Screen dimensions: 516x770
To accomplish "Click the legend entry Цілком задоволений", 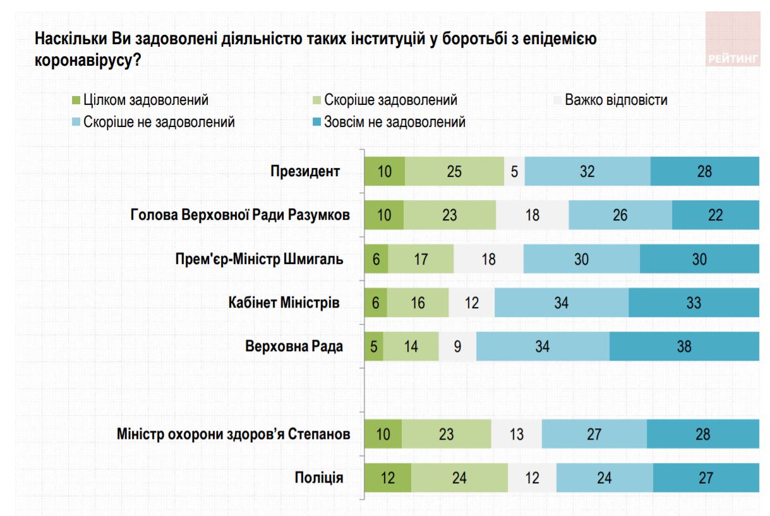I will click(x=141, y=100).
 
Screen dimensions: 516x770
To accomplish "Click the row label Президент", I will click(x=305, y=172).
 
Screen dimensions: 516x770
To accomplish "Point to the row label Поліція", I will click(x=319, y=477).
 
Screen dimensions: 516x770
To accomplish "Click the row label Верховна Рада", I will click(x=294, y=346).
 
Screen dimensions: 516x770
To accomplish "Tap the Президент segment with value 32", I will click(x=587, y=172).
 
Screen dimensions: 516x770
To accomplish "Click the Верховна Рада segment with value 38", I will click(x=684, y=346).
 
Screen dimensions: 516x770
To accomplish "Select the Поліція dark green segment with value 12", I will click(x=388, y=477).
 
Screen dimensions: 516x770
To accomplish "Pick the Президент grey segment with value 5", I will click(x=514, y=172).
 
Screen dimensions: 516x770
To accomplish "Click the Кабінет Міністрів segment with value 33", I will click(x=694, y=303).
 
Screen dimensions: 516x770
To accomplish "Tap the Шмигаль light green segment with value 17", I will click(x=421, y=259).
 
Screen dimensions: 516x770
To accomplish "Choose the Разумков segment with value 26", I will click(x=620, y=215).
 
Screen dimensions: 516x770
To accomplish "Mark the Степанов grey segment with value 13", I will click(x=516, y=434).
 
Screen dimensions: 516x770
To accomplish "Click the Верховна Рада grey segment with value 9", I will click(x=457, y=346).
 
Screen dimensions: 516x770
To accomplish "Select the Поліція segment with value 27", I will click(x=706, y=477).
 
